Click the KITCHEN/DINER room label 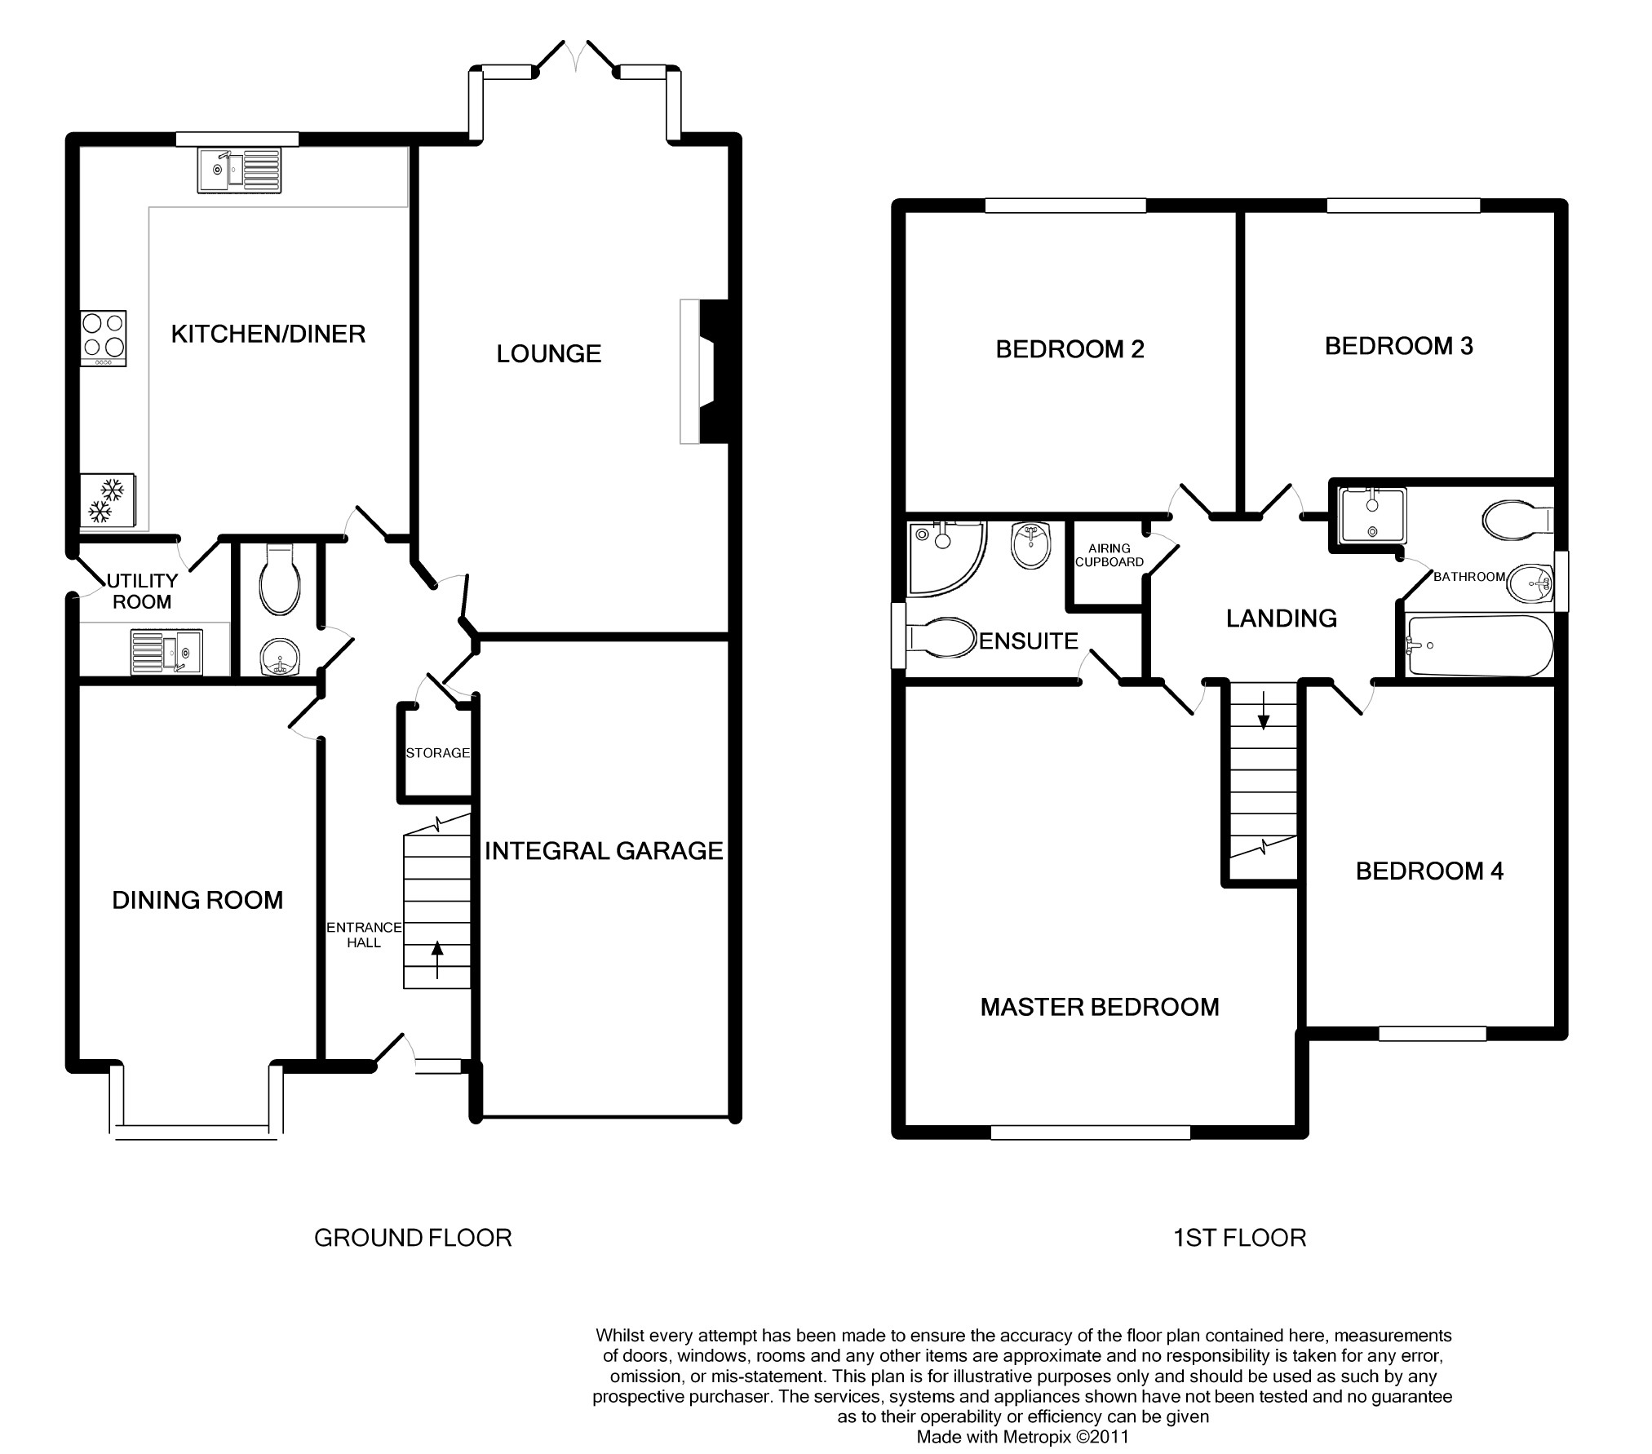(268, 334)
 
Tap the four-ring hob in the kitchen (104, 339)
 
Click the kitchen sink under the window (239, 170)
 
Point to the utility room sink (166, 652)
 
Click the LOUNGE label (549, 353)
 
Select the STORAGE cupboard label (438, 753)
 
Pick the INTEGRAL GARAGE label (604, 851)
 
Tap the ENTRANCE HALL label (364, 935)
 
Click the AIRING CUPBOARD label (1109, 556)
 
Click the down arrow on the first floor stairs (1264, 710)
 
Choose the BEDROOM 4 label (1429, 871)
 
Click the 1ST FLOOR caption (1239, 1238)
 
